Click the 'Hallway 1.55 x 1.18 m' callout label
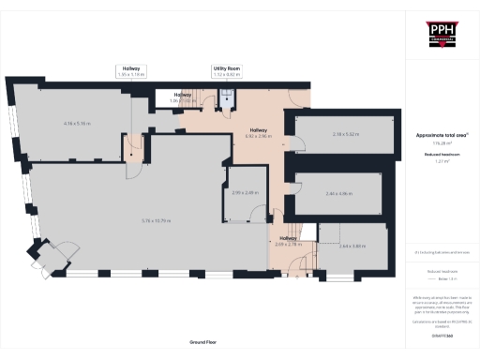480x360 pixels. tap(133, 69)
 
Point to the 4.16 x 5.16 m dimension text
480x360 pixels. tap(76, 123)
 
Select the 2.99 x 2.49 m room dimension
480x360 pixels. tap(246, 193)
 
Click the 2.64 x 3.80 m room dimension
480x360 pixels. tap(351, 246)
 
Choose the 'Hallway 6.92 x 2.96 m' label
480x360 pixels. tap(258, 133)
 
